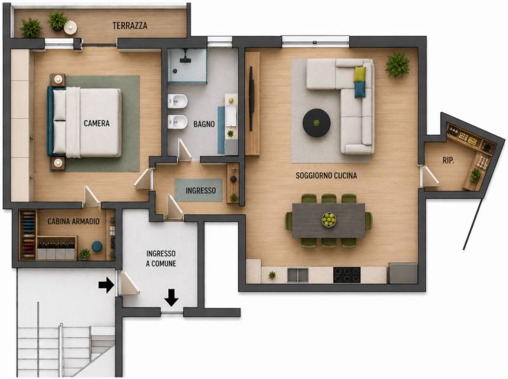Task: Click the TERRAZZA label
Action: tap(130, 25)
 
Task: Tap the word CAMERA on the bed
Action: tap(97, 123)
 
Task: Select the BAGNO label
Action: tap(204, 124)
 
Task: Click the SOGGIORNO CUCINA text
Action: tap(326, 176)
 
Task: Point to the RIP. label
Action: tap(448, 160)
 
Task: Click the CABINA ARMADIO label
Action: tap(74, 221)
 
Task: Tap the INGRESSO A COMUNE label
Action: tap(161, 259)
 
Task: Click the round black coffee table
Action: tap(316, 123)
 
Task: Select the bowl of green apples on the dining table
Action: tap(329, 220)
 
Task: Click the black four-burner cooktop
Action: tap(347, 275)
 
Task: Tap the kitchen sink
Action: tap(298, 275)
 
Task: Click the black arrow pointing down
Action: tap(171, 297)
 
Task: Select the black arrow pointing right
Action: tap(106, 286)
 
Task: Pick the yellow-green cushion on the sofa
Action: tap(360, 74)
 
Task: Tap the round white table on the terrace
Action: tap(70, 27)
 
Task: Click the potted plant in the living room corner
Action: tap(398, 65)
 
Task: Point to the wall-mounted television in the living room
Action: tap(251, 99)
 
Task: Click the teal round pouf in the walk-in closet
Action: tap(97, 246)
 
